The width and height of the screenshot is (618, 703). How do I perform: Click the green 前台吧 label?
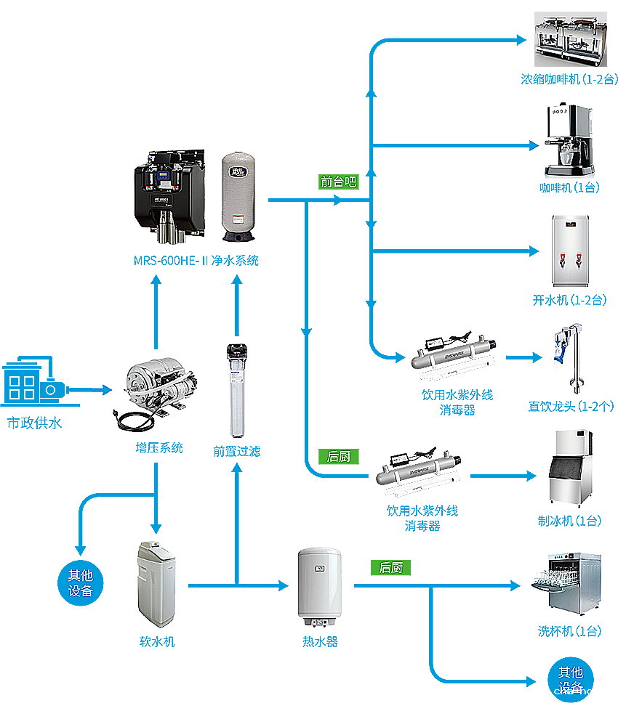[x=339, y=182]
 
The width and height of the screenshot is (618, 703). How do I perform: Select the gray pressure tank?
[x=238, y=196]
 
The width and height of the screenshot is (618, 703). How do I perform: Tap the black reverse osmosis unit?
[x=169, y=192]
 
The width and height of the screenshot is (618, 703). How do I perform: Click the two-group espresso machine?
[x=571, y=44]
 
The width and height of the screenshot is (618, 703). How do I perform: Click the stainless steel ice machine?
[x=571, y=465]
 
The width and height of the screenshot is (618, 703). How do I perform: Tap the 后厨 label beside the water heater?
[x=391, y=567]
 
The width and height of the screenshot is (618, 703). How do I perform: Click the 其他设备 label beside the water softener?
[x=81, y=583]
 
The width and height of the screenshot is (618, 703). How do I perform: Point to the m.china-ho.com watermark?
[x=579, y=691]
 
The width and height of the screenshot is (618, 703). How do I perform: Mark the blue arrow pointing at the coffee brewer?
[x=532, y=147]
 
